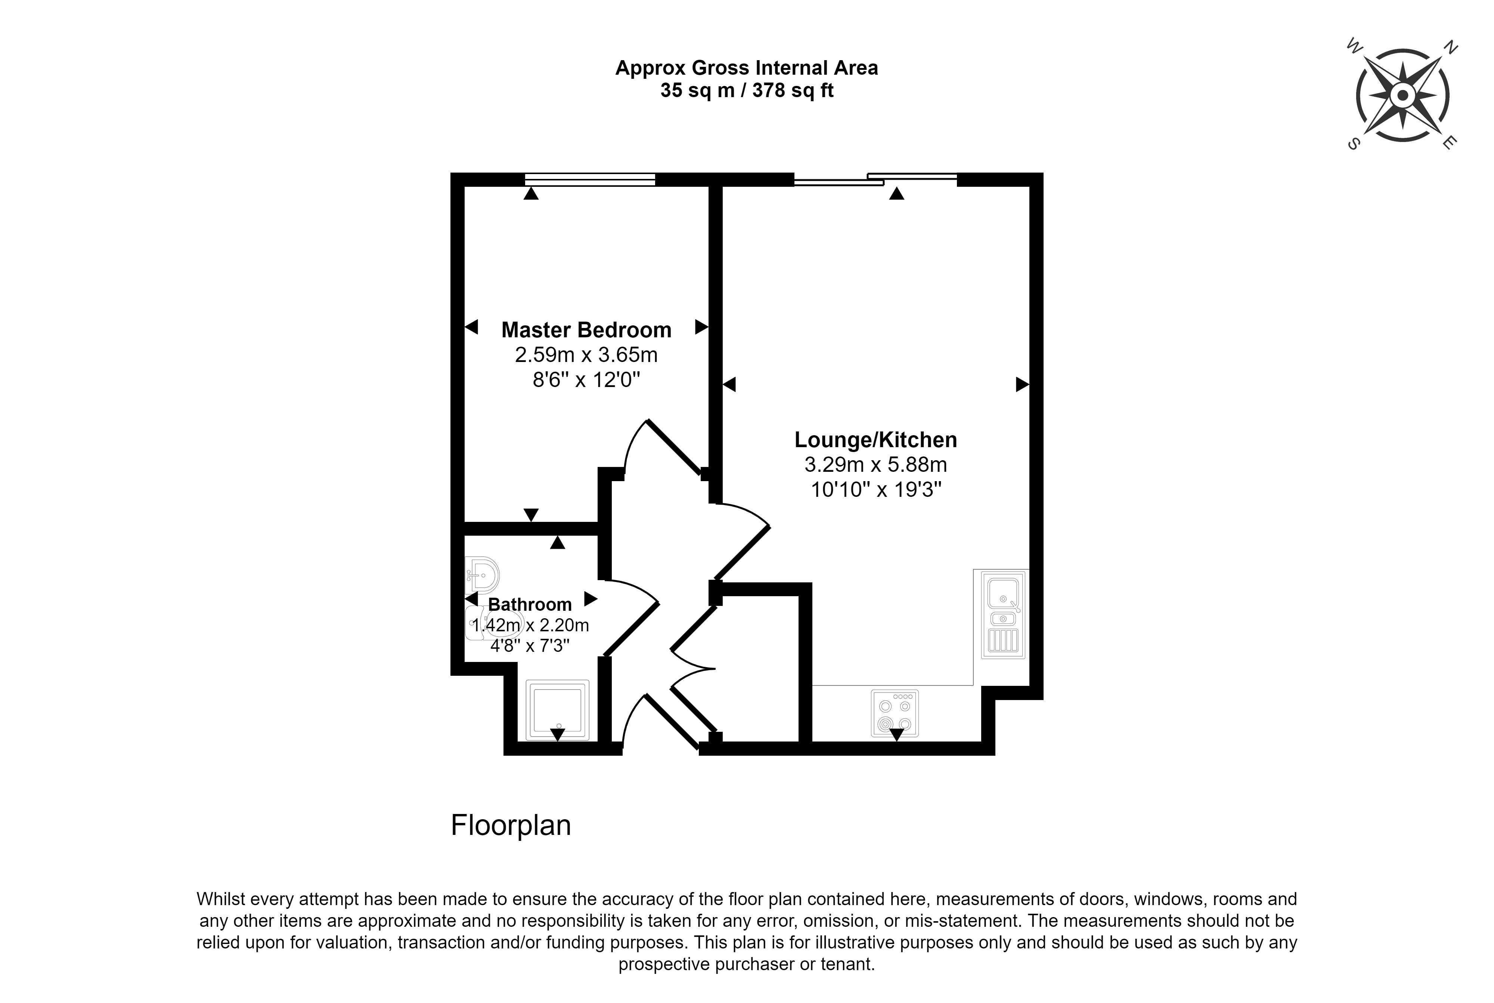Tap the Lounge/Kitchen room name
coord(875,440)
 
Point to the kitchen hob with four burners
coord(895,713)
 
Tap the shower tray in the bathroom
coord(557,710)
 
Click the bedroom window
coord(590,180)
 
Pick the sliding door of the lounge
coord(875,180)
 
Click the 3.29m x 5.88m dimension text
coord(875,464)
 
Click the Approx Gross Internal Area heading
coord(746,68)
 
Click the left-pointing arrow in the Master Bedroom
coord(471,327)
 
